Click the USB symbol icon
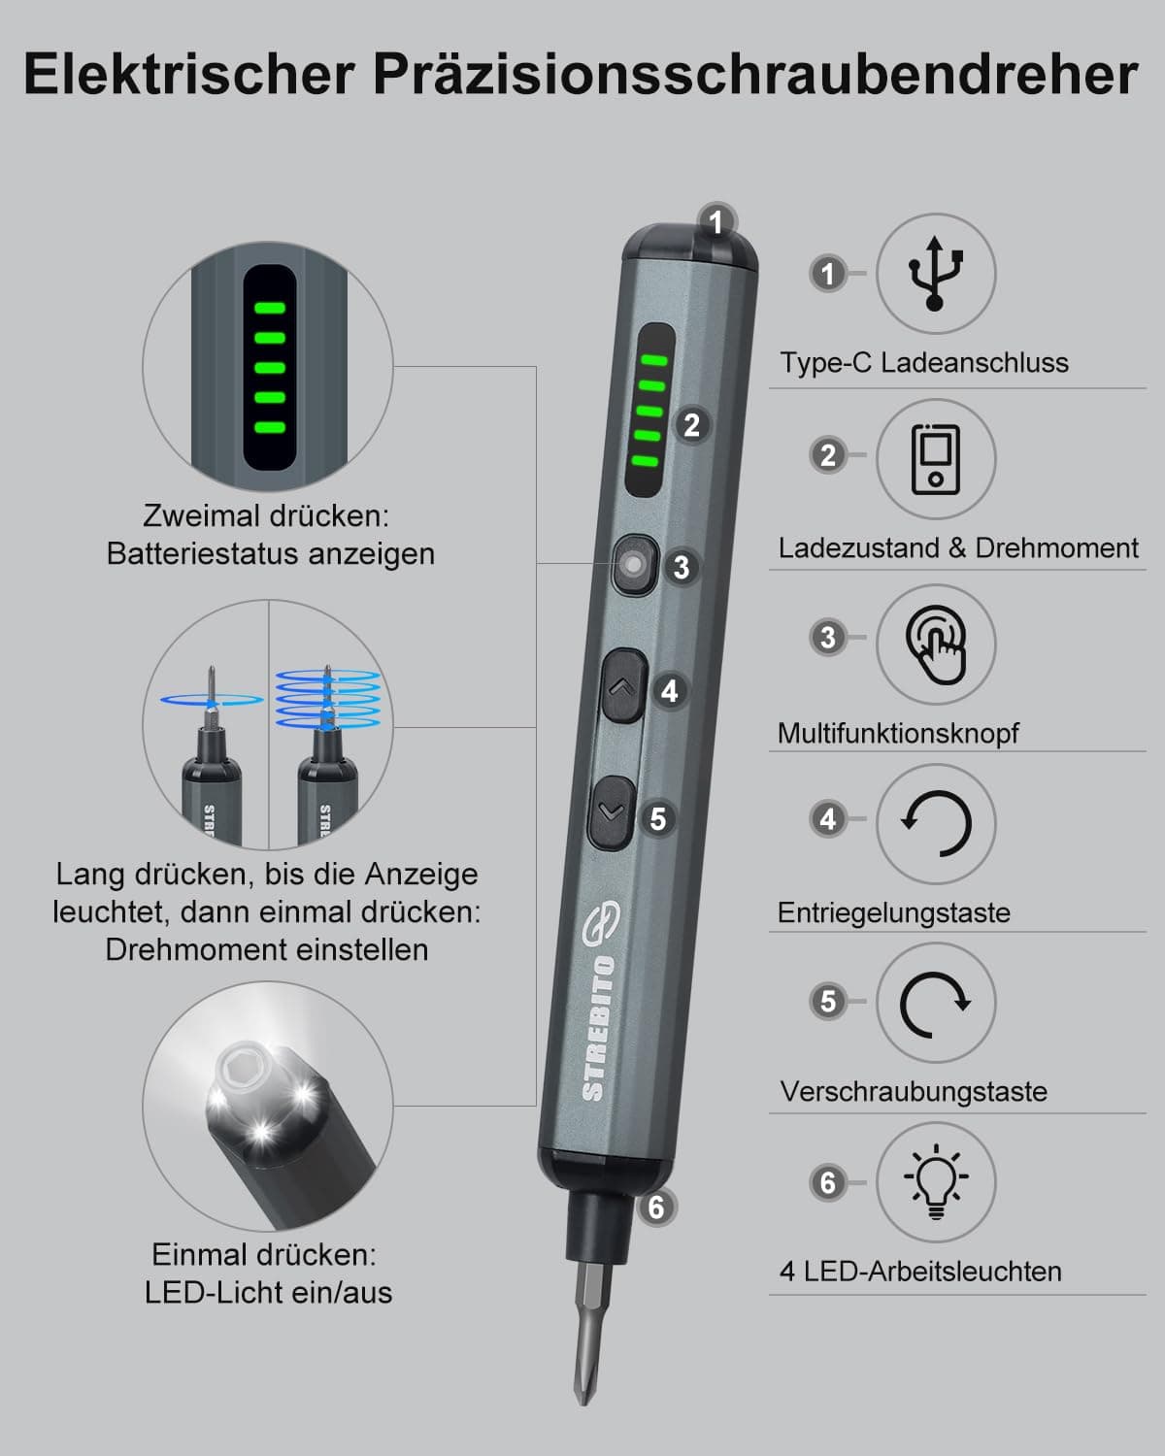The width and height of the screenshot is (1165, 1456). coord(935,273)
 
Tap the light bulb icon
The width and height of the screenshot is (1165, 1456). coord(935,1181)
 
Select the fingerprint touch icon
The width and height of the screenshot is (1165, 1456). coord(936,641)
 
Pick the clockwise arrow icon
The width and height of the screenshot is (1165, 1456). coord(935,1003)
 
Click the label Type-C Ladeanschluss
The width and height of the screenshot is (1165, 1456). coord(923,363)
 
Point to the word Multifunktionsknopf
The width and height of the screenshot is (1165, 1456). coord(898,733)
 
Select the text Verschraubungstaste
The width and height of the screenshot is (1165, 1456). coord(914,1091)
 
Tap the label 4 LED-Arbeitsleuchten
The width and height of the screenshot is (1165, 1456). coord(920,1271)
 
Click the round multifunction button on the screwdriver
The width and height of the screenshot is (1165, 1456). coord(635,564)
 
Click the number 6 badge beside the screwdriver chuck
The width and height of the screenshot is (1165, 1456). coord(656,1208)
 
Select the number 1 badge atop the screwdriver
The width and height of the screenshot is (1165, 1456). coord(716,222)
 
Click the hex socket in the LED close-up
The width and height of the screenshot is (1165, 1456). coord(245,1069)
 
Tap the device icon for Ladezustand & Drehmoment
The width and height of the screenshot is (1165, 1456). coord(935,458)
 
